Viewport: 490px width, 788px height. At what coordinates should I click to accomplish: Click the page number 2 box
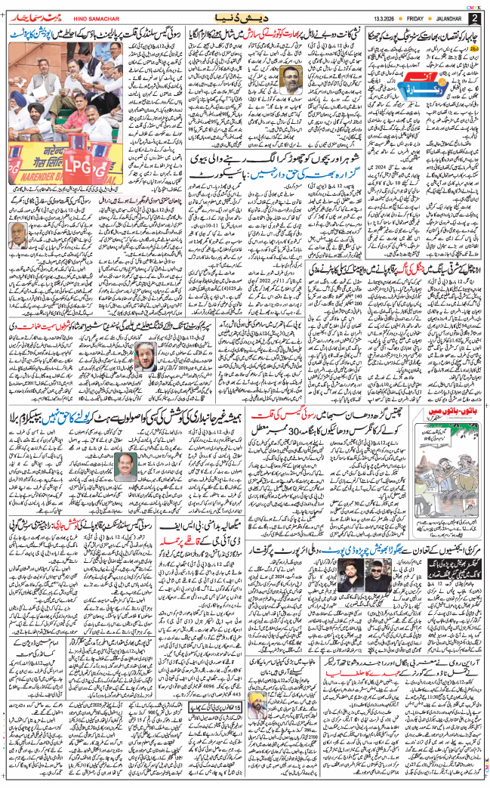474,17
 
